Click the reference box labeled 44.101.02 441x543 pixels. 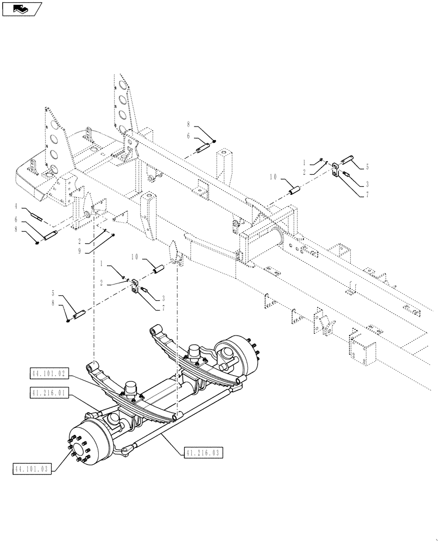[x=48, y=373]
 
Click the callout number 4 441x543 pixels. [x=17, y=206]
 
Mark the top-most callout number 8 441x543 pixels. [x=188, y=124]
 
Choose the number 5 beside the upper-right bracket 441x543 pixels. [x=367, y=167]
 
